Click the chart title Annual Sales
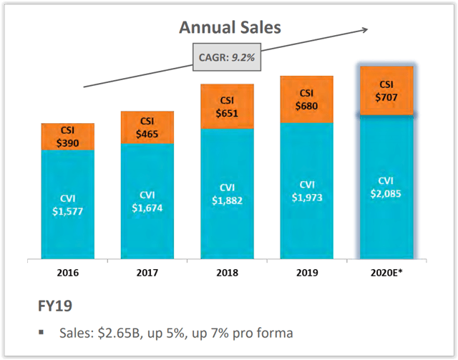(230, 28)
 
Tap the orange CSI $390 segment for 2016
(67, 137)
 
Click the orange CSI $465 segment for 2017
(147, 127)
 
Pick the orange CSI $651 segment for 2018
(227, 107)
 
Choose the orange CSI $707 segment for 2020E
(386, 89)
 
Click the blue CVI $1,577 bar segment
(67, 204)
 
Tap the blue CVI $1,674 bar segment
(147, 201)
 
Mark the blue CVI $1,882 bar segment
(227, 193)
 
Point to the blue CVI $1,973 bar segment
(306, 190)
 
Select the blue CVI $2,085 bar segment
(386, 186)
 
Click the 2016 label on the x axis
(67, 273)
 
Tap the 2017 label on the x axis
(147, 273)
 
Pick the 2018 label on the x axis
(227, 273)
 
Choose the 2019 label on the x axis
(306, 273)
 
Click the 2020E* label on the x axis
(386, 273)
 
